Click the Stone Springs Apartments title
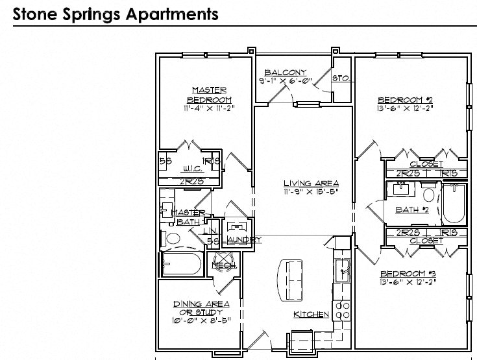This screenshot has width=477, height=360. tap(115, 13)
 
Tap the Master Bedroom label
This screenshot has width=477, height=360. tap(209, 94)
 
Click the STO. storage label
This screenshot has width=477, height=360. tap(341, 78)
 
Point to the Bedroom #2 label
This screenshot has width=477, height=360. tap(405, 100)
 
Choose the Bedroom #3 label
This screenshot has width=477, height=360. tap(405, 273)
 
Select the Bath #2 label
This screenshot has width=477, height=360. tap(412, 210)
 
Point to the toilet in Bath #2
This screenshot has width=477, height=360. tap(428, 194)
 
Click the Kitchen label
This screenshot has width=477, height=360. tap(312, 315)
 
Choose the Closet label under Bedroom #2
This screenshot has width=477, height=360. tap(426, 164)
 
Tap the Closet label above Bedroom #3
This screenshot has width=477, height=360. tap(426, 241)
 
